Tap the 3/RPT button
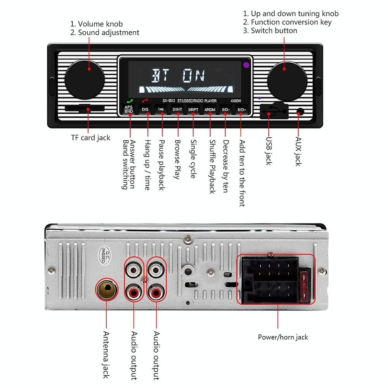193,109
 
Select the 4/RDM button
210,109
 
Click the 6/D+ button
242,109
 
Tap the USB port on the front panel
274,112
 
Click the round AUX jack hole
300,113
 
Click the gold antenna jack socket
106,289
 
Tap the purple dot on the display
246,65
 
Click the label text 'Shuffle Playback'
212,167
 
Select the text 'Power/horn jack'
283,337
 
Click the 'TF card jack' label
90,138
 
